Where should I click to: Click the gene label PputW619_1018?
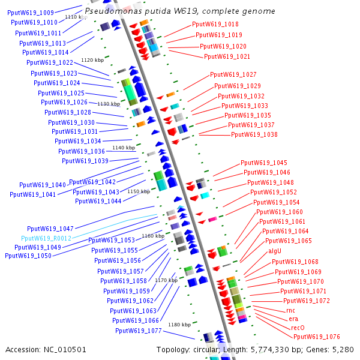215,24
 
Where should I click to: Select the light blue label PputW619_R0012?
46,238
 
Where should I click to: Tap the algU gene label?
275,251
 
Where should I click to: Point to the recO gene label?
298,328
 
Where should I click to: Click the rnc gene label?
290,310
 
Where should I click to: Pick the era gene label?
293,319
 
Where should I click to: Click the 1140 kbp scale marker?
124,148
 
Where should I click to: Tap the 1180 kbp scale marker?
179,325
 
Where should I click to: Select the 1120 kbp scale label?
92,60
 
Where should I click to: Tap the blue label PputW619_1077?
139,331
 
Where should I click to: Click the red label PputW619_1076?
317,337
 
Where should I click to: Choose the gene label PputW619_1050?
28,256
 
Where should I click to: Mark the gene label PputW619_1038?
254,134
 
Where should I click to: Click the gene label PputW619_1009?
31,13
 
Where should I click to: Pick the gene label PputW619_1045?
264,163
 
